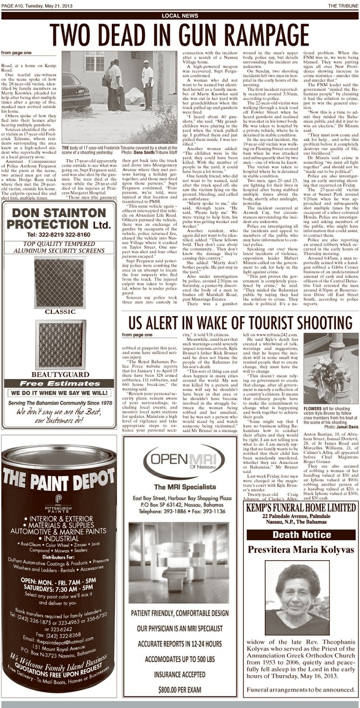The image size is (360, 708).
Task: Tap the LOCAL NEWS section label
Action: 179,16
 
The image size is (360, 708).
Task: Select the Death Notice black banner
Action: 301,534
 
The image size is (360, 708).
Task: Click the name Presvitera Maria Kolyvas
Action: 301,550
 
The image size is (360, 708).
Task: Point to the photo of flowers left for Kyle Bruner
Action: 330,371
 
